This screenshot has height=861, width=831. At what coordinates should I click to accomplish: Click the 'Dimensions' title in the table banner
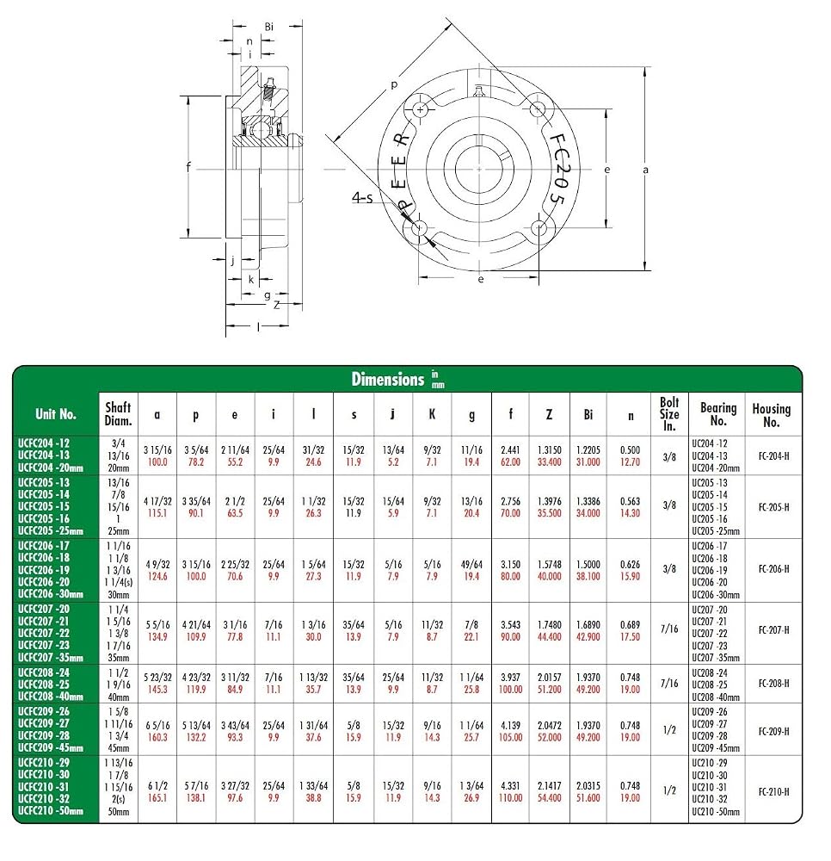tap(388, 380)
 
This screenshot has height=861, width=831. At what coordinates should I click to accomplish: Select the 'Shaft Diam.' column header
tap(118, 414)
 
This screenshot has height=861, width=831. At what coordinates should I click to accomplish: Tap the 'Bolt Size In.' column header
tap(669, 414)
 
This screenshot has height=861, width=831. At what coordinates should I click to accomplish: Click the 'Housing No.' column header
tap(771, 415)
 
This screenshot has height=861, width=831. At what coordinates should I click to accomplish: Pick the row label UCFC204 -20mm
tap(51, 468)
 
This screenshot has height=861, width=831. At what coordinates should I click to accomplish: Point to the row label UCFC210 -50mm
tap(51, 810)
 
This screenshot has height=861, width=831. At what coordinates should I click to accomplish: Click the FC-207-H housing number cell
tap(774, 630)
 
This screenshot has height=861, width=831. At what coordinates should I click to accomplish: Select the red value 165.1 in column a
tap(157, 798)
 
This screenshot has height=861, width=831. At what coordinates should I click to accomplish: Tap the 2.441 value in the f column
tap(510, 449)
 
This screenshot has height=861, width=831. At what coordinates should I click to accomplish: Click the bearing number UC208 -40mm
tap(715, 697)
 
